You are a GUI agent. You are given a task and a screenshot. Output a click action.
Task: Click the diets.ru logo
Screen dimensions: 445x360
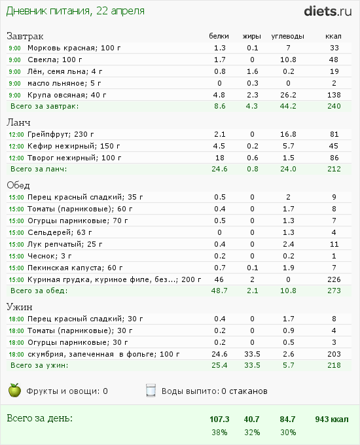(x=327, y=10)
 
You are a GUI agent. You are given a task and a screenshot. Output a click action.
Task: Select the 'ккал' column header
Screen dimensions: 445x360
(x=334, y=36)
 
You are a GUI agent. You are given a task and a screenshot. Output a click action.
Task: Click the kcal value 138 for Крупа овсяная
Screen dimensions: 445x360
(x=334, y=95)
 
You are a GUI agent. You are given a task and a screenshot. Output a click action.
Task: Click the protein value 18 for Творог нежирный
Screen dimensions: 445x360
(x=219, y=158)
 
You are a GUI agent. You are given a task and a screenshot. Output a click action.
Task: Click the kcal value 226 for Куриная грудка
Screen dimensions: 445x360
(x=334, y=279)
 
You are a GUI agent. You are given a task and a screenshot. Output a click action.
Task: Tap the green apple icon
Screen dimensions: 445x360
(x=14, y=391)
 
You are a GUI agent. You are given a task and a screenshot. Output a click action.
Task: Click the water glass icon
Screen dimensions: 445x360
(x=151, y=391)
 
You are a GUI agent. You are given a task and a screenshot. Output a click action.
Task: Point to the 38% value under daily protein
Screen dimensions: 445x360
(x=219, y=432)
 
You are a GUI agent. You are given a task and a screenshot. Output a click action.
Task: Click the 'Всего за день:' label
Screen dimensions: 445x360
(x=39, y=418)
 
